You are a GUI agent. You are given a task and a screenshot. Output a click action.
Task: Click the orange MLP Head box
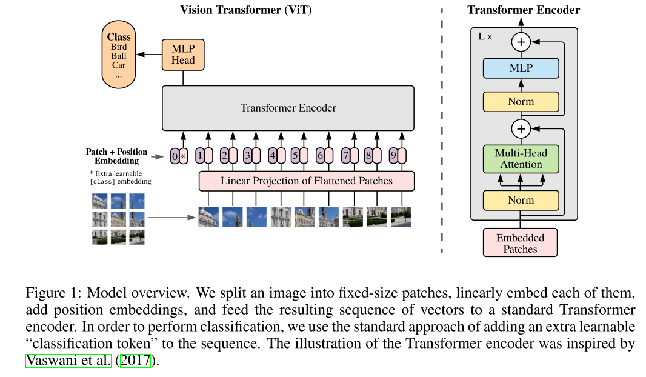(x=183, y=54)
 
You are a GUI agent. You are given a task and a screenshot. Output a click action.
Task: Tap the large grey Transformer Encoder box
(x=288, y=108)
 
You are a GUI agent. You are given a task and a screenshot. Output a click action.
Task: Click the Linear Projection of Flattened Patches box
(x=306, y=181)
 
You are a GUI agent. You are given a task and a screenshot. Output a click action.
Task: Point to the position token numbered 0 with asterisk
(x=179, y=157)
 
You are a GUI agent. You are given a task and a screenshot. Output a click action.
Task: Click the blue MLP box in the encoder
(x=521, y=68)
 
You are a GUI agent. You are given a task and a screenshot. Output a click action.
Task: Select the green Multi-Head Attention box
(x=521, y=159)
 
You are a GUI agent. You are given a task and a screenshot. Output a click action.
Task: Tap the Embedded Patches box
(x=520, y=243)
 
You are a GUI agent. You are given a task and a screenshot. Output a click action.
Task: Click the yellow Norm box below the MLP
(x=521, y=102)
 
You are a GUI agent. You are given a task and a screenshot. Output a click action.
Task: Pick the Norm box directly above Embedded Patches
(x=521, y=200)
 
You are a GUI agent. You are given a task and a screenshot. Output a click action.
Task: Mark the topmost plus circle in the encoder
(x=521, y=42)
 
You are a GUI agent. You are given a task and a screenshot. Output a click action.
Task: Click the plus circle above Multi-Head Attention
(x=521, y=128)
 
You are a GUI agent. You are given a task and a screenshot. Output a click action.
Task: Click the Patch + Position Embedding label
(x=116, y=156)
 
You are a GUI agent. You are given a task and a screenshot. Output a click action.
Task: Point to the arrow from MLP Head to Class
(x=149, y=55)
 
